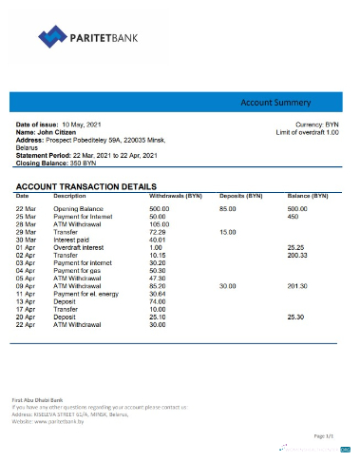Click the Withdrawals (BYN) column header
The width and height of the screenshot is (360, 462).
[177, 195]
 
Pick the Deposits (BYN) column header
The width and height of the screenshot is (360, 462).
[240, 195]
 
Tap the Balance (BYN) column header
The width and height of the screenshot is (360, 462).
[308, 195]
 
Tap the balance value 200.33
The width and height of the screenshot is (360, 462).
[299, 255]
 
